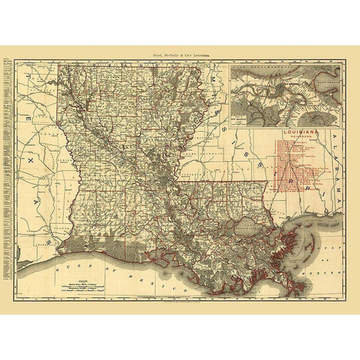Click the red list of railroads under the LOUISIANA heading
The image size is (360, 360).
click(300, 161)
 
